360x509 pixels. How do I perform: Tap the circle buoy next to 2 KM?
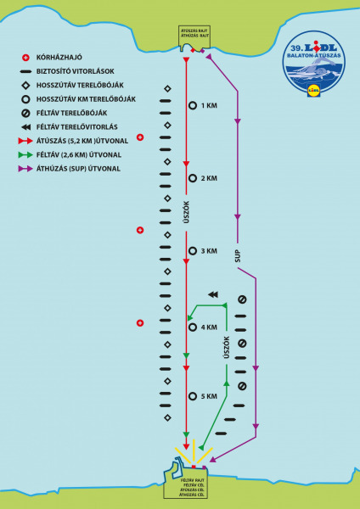pos(193,178)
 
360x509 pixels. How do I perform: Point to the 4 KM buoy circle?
pos(193,327)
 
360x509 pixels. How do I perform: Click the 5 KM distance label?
pos(210,396)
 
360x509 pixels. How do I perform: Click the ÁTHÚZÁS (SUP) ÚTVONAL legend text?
pos(78,168)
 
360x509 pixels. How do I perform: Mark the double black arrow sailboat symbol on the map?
pos(212,294)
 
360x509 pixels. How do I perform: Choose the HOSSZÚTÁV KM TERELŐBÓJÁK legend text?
pos(81,98)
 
